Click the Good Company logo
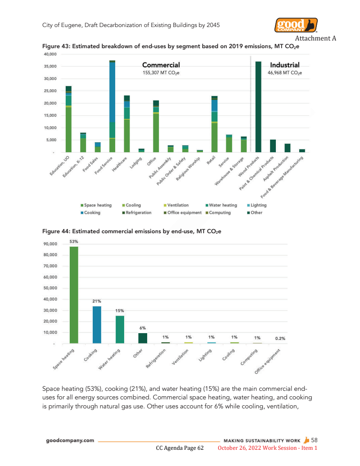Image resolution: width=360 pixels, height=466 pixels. point(296,25)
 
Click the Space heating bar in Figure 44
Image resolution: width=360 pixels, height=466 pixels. point(74,295)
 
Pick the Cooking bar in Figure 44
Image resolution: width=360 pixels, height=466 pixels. point(97,325)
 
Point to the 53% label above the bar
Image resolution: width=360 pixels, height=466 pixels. point(74,241)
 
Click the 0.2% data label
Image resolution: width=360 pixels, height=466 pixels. point(280,338)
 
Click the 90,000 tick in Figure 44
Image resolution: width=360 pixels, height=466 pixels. point(50,244)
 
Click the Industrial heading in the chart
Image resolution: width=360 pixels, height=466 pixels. point(284,65)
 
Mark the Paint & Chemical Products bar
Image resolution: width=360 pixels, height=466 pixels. point(273,146)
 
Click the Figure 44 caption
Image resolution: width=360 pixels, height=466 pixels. point(132,231)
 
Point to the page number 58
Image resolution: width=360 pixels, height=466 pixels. point(315,440)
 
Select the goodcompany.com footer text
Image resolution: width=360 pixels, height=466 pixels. point(70,441)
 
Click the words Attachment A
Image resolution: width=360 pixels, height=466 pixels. point(315,38)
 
